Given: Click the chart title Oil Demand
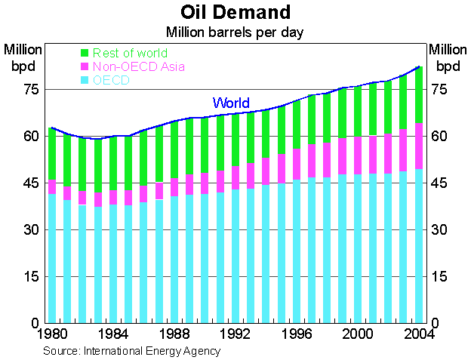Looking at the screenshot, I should [x=235, y=13].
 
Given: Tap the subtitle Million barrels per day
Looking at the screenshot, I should [x=235, y=32].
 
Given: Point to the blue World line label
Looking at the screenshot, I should [x=231, y=103].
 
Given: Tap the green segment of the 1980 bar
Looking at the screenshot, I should [x=51, y=154].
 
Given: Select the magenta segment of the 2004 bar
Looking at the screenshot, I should [x=418, y=146].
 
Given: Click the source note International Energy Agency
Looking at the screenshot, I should [x=132, y=351].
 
